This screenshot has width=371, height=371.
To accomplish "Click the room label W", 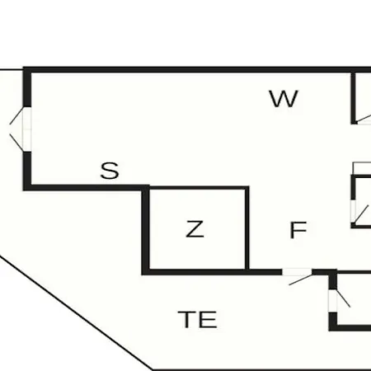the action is (284, 99).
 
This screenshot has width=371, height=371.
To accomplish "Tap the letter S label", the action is (110, 171).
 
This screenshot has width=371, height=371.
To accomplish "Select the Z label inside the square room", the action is (195, 229).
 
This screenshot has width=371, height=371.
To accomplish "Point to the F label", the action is (298, 230).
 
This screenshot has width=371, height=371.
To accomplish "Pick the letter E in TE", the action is (208, 319).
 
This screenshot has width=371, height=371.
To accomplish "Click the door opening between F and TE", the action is (297, 272).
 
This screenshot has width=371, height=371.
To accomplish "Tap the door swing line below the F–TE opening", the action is (301, 279).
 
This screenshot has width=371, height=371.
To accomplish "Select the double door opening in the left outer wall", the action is (27, 129).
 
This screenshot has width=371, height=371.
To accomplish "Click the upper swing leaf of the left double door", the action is (16, 115).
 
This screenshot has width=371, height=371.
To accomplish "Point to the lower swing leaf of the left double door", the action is (16, 143).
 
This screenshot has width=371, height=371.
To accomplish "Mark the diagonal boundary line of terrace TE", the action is (76, 312).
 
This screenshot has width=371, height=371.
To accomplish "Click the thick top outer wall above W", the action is (197, 69).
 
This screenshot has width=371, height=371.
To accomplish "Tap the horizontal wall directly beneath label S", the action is (86, 188).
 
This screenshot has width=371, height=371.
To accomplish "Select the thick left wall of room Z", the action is (146, 230).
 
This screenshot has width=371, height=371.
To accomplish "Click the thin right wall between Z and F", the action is (247, 229).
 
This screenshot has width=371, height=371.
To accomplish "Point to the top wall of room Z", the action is (197, 188).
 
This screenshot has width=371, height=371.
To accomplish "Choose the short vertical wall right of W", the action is (354, 98).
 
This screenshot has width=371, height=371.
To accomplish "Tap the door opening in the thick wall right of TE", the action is (333, 301).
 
